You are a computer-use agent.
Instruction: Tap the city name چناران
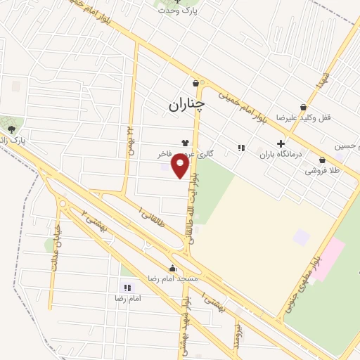click(x=186, y=105)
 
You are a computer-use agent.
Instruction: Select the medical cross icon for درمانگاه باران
click(x=281, y=143)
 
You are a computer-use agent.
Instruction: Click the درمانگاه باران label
click(x=281, y=155)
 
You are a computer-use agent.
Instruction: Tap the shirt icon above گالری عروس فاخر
click(x=186, y=142)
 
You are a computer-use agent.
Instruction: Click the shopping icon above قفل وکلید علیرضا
click(x=303, y=108)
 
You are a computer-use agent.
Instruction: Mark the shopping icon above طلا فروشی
click(x=322, y=160)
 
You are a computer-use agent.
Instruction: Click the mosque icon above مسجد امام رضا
click(x=172, y=267)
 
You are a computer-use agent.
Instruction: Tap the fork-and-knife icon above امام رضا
click(x=127, y=287)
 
